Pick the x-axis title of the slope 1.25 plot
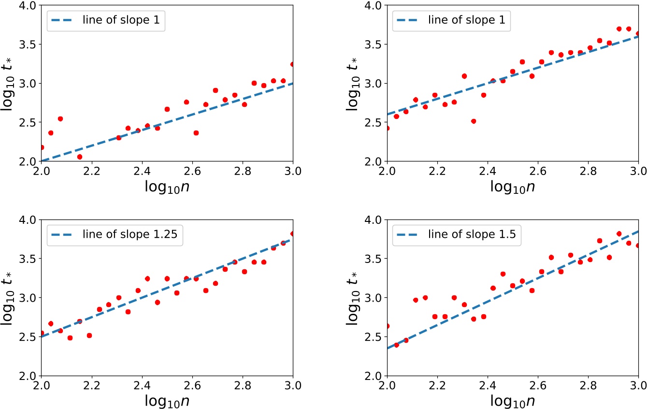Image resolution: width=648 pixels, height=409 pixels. click(167, 400)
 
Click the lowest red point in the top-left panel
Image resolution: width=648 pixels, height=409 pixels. click(80, 157)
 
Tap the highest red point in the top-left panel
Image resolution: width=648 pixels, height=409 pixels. click(293, 64)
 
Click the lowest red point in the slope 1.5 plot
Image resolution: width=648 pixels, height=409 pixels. click(396, 345)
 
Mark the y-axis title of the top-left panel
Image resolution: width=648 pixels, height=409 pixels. click(13, 83)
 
